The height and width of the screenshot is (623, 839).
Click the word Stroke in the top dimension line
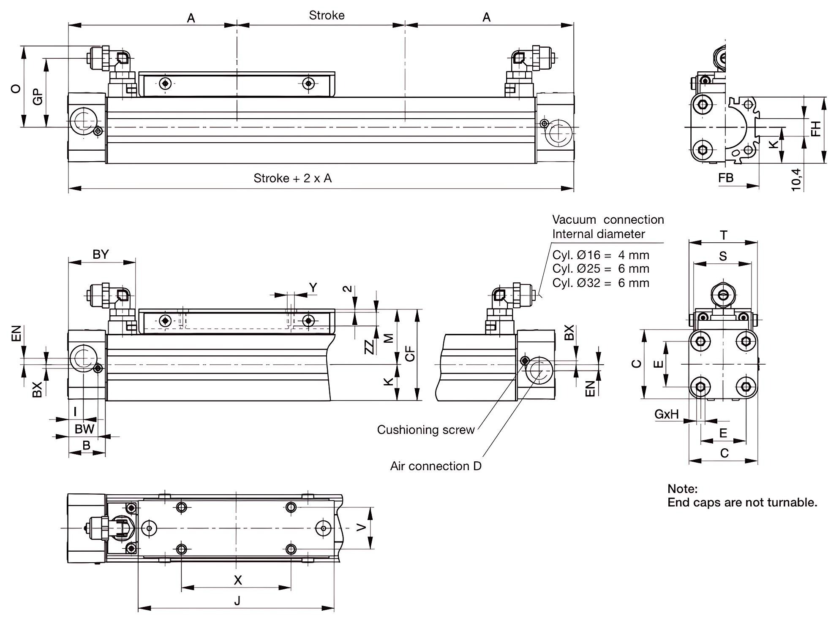327,16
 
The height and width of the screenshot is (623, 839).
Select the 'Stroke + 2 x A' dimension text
292,178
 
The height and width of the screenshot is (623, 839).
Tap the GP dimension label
38,97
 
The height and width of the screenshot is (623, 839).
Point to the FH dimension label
816,128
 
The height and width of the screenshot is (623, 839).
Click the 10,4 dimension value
796,179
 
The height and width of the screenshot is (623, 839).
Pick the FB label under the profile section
726,178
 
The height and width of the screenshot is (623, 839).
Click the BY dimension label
101,254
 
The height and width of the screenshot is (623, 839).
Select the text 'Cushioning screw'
425,430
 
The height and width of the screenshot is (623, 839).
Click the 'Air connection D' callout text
436,466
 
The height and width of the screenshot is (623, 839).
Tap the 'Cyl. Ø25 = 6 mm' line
600,269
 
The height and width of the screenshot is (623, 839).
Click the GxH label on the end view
666,414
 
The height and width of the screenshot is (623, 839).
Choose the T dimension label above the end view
723,235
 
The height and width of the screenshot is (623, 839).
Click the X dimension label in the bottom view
238,580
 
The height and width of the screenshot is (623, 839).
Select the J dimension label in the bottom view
237,600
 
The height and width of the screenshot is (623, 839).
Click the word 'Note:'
682,489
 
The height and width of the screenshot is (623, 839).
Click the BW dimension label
84,429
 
